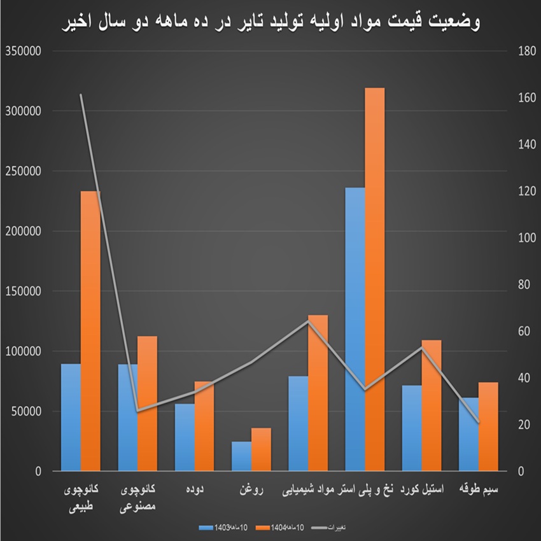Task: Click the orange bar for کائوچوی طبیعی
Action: click(90, 331)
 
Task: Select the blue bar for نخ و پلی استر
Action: click(355, 329)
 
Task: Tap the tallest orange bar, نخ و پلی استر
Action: click(374, 279)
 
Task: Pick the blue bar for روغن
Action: click(241, 456)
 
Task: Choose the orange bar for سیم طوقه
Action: click(488, 426)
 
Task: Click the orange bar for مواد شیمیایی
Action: click(318, 393)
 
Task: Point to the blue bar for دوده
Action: click(185, 437)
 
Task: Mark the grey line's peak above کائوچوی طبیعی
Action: click(81, 95)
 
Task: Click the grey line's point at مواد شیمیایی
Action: click(308, 321)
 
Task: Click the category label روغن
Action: click(250, 490)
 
